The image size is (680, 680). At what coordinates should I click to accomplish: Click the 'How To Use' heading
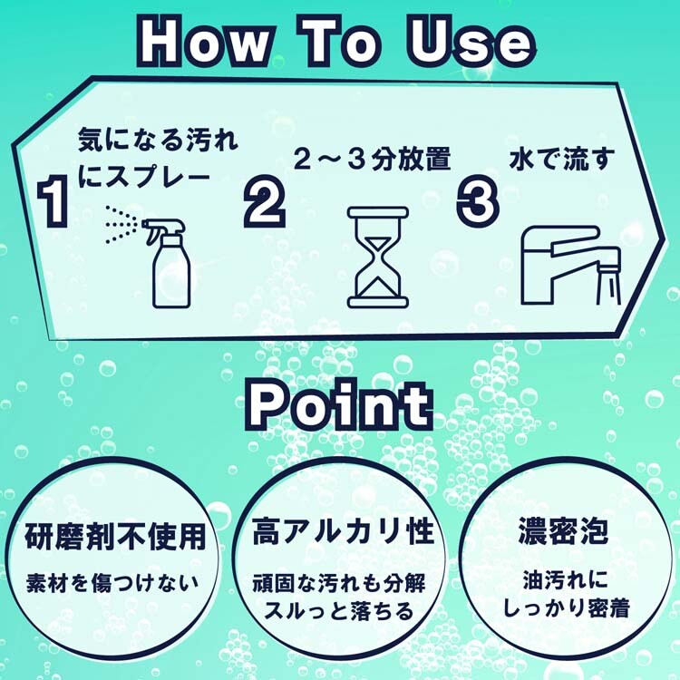click(336, 42)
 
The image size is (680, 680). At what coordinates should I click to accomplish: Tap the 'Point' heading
click(340, 404)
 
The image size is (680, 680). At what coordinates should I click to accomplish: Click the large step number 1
click(53, 201)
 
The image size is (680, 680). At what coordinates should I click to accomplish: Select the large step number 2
click(264, 201)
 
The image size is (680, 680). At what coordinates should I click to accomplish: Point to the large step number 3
click(478, 201)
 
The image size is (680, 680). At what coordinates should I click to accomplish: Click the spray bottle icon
click(167, 263)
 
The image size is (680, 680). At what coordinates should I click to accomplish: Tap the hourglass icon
click(378, 257)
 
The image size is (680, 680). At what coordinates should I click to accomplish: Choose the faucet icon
click(571, 266)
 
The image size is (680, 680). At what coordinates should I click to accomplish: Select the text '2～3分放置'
click(372, 159)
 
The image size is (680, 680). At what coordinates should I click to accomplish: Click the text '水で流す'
click(562, 159)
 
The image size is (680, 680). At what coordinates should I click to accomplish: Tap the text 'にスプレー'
click(144, 176)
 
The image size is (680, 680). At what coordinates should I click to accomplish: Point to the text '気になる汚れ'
click(158, 140)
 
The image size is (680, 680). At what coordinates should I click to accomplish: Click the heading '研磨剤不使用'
click(115, 537)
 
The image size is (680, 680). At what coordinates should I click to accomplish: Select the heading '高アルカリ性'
click(343, 530)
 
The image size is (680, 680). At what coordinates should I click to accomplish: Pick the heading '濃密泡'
click(563, 530)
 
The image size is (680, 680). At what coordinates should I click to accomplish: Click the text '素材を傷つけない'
click(112, 583)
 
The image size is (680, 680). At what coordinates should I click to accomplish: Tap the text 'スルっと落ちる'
click(339, 611)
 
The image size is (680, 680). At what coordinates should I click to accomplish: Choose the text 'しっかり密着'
click(566, 608)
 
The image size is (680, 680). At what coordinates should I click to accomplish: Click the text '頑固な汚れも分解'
click(339, 584)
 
